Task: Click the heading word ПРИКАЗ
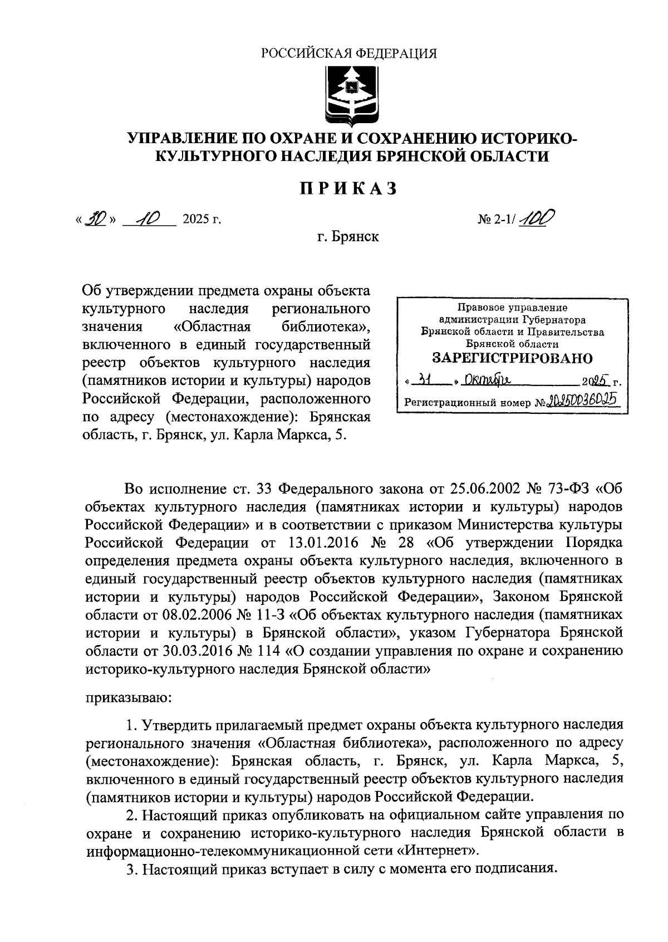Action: tap(350, 189)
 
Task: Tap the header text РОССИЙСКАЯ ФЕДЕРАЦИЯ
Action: tap(349, 53)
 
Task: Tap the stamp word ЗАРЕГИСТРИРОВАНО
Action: tap(513, 358)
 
